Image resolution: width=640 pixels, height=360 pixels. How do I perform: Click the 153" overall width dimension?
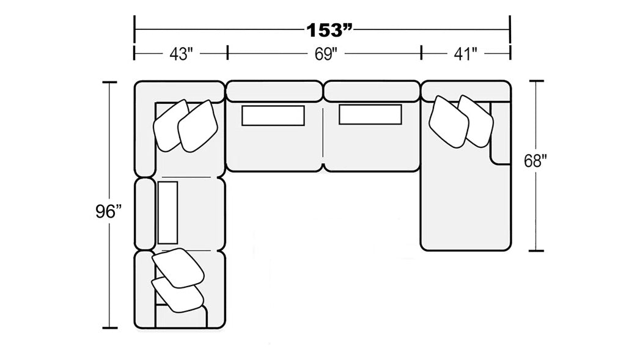(329, 30)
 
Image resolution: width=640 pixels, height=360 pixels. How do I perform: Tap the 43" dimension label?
(181, 54)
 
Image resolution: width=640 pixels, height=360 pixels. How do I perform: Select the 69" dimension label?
(326, 54)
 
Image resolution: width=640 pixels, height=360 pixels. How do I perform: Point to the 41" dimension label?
(465, 54)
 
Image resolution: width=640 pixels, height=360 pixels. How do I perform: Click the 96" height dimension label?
(109, 211)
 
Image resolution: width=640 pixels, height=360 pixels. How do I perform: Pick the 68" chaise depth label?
(535, 161)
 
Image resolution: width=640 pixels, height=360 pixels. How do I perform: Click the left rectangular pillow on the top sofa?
(273, 116)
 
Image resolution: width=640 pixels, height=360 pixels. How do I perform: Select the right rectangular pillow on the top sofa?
(370, 114)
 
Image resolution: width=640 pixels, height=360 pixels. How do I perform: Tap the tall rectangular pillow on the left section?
(167, 212)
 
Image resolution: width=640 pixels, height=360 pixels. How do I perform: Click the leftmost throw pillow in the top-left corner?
(171, 125)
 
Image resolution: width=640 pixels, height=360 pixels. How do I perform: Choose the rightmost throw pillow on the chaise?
(476, 121)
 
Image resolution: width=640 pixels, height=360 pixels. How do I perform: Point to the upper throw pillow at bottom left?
(178, 268)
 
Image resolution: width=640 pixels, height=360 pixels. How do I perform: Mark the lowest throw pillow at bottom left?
(177, 295)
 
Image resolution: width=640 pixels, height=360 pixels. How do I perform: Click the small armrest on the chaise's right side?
(501, 133)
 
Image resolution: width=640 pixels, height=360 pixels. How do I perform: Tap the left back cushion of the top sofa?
(274, 91)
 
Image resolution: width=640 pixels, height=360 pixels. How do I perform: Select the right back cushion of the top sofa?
(372, 91)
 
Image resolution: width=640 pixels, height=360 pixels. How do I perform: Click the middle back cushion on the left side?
(145, 214)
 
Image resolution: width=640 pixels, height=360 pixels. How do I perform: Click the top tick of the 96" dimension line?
(109, 82)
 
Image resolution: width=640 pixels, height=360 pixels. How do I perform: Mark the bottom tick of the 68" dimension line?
(536, 251)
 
